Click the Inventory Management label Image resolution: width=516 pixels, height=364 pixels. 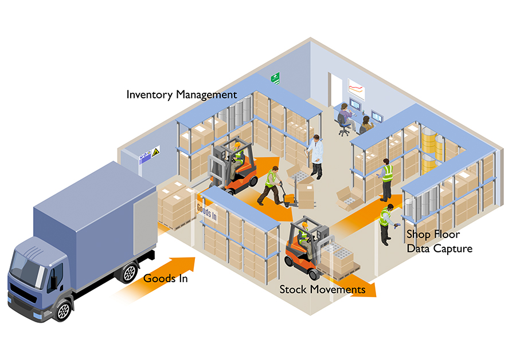[181, 94]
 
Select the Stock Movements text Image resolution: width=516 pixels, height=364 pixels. [322, 289]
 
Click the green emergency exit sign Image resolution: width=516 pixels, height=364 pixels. [276, 78]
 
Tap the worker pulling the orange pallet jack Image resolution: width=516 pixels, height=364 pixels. [271, 184]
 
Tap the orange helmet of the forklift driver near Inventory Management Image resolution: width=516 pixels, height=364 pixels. [237, 145]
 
